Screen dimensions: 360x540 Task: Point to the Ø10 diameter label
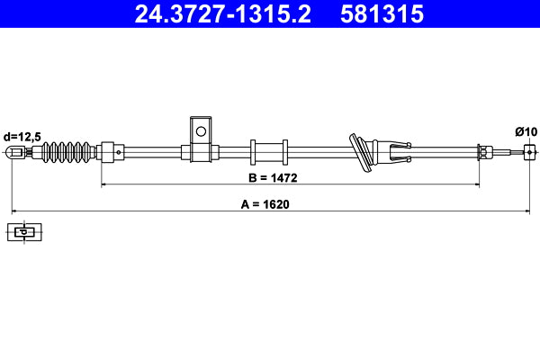526,131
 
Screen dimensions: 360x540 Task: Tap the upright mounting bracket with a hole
200,135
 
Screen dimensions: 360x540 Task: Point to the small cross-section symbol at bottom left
25,232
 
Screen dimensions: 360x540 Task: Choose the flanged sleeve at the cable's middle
267,151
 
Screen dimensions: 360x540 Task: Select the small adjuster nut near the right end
482,151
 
